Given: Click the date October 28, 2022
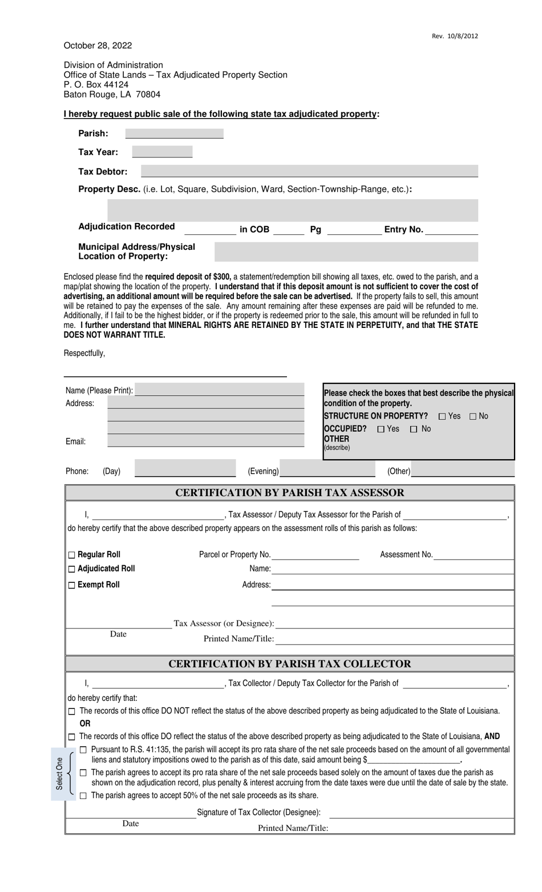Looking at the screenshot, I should click(x=98, y=46).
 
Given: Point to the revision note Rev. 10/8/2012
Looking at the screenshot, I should click(x=455, y=36).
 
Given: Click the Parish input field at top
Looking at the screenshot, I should click(x=174, y=133).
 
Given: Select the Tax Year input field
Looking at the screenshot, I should click(x=162, y=152).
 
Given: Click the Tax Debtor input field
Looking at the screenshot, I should click(x=309, y=171).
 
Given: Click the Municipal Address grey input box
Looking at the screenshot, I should click(x=346, y=252).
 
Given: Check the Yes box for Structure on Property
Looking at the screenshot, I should click(x=442, y=416).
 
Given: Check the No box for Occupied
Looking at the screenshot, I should click(x=414, y=429).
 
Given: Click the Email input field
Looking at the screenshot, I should click(x=205, y=441).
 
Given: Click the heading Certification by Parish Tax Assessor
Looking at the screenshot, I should click(x=290, y=493).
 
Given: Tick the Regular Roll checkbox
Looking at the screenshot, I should click(x=71, y=555).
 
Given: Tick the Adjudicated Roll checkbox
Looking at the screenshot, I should click(x=71, y=569).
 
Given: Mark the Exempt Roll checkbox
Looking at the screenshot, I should click(x=71, y=585).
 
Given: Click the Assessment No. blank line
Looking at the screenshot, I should click(x=473, y=555).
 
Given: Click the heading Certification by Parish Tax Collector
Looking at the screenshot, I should click(x=290, y=664).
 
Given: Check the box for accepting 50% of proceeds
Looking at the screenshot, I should click(x=83, y=796).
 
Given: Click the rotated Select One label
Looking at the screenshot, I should click(x=59, y=774).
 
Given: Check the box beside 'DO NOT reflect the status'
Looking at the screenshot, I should click(x=71, y=711).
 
